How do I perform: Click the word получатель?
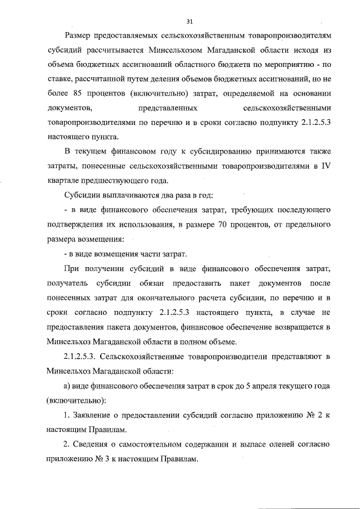[67, 283]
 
